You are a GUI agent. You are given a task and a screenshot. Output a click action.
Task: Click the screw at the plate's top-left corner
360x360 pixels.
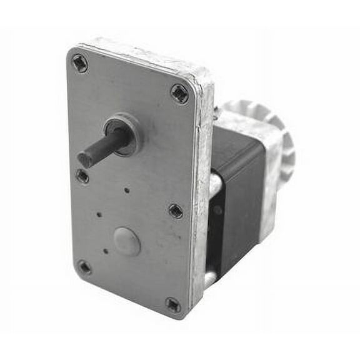pos(79,62)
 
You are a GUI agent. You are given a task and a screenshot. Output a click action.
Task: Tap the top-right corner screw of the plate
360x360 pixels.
pos(179,94)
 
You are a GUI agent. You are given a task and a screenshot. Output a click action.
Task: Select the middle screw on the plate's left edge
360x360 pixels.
pos(82,176)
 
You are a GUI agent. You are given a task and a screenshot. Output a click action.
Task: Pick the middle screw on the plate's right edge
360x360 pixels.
pos(176,211)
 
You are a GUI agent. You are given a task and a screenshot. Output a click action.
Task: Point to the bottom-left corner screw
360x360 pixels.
pos(84,267)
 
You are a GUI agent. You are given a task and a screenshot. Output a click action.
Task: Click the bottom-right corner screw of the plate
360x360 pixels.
pos(173,304)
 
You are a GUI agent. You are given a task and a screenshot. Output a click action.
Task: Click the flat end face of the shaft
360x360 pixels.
pos(85,159)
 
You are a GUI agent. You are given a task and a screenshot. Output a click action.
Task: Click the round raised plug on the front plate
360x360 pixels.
pos(126,241)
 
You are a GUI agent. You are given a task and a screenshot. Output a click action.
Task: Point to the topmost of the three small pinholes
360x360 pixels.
pos(127,190)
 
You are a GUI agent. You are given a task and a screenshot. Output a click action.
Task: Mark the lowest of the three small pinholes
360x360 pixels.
pos(106,251)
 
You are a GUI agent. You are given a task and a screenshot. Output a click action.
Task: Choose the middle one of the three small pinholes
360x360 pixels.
pos(100,215)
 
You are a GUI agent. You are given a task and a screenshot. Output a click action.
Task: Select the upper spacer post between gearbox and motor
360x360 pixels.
pos(214,185)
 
